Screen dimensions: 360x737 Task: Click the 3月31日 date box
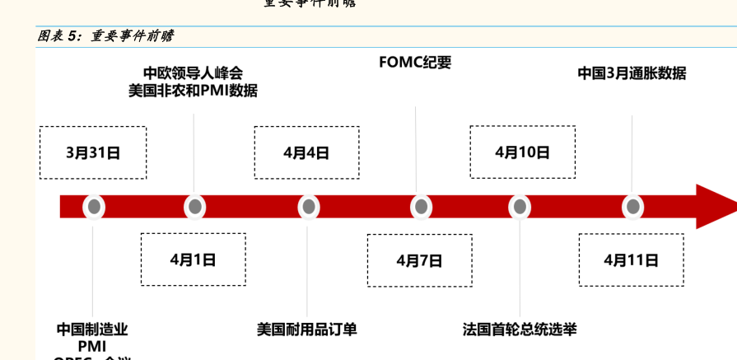pos(93,152)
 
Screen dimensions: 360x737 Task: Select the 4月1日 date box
pos(193,259)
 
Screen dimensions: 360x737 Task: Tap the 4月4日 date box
pos(306,152)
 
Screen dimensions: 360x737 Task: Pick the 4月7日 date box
pos(419,260)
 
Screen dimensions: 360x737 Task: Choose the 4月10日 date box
pos(522,152)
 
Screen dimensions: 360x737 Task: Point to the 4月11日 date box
pos(631,260)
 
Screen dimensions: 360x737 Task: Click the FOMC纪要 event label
pos(415,63)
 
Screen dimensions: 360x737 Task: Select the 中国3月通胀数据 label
pos(632,72)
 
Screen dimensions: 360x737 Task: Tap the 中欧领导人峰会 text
pos(193,72)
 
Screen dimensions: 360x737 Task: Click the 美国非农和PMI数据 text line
pos(193,91)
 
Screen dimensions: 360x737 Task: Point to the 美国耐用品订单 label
pos(307,330)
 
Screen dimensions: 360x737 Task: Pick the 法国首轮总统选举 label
pos(520,330)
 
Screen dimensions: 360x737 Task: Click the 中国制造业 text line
pos(92,330)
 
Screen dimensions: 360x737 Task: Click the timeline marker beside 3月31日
pos(94,207)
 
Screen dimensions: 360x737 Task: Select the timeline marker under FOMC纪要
pos(421,207)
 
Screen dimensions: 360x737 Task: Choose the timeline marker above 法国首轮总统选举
pos(520,207)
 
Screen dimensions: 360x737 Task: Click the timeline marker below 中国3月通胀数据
pos(632,207)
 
